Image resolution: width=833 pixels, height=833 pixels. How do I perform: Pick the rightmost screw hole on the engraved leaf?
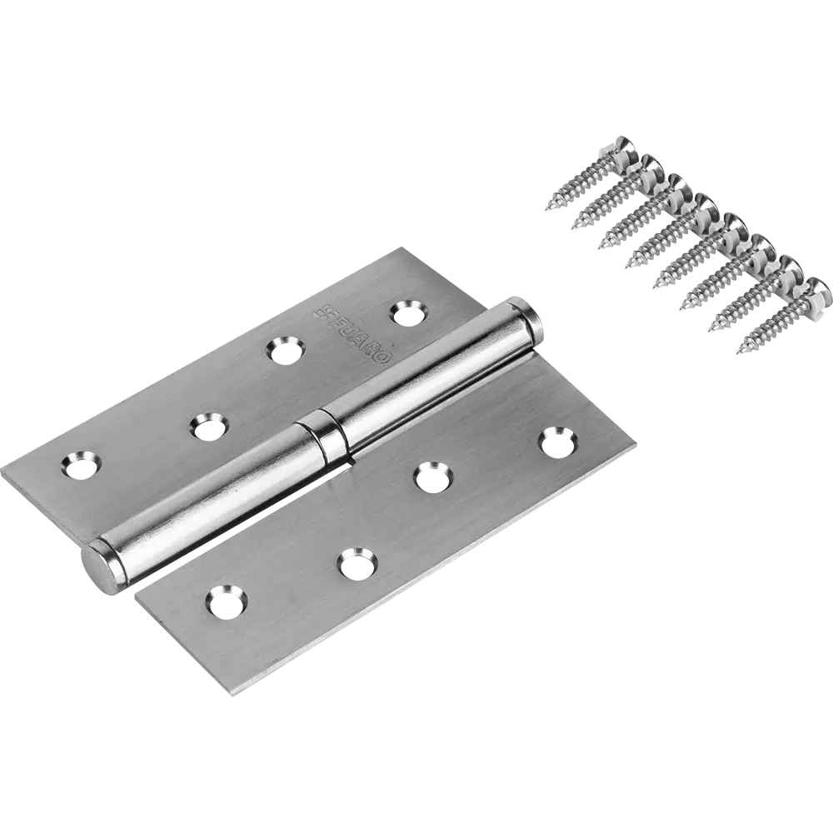(406, 312)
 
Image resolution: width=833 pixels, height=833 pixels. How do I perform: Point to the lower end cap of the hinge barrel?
(98, 567)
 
